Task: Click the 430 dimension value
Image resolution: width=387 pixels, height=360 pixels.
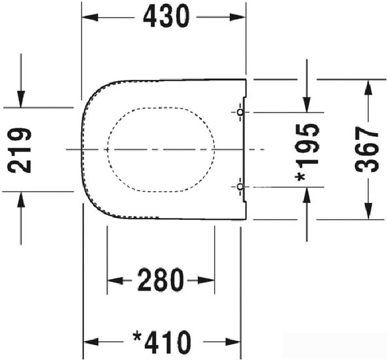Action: (166, 16)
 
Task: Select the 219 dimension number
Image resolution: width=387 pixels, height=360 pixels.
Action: (20, 150)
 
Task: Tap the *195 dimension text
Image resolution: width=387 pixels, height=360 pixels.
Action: (308, 153)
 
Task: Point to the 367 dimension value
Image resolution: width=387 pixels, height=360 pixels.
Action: (367, 149)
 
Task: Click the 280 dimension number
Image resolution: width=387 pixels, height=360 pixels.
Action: (160, 280)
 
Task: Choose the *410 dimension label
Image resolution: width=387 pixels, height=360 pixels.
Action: (162, 342)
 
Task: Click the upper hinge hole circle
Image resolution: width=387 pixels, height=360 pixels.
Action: (240, 113)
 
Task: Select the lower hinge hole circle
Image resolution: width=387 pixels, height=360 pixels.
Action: (240, 187)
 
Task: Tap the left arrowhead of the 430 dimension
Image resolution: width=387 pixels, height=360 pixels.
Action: (90, 17)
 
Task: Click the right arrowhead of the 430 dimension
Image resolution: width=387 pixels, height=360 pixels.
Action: (238, 17)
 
